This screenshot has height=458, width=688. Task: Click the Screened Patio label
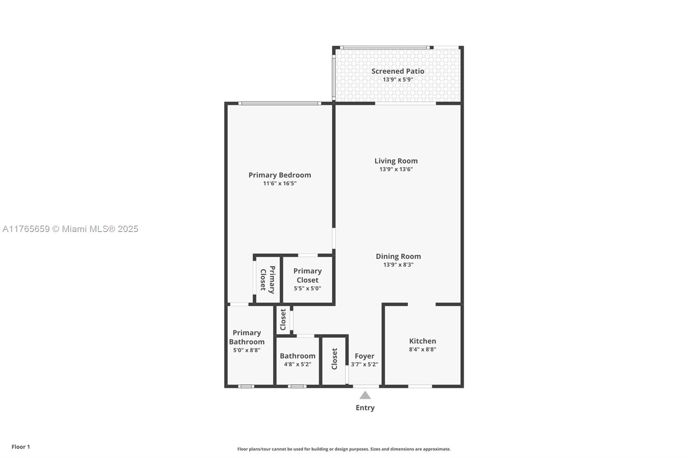click(398, 71)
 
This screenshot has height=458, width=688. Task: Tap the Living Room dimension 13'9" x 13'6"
click(396, 169)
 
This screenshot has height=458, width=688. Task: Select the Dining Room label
click(398, 256)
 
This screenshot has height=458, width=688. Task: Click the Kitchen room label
click(422, 341)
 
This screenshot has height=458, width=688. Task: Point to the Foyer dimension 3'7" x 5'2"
click(364, 364)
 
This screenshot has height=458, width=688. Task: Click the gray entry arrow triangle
click(365, 395)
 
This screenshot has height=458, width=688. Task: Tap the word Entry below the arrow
click(365, 408)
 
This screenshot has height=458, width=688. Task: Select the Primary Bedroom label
click(279, 175)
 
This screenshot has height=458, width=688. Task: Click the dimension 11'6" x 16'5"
click(279, 183)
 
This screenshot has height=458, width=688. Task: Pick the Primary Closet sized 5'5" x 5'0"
click(307, 279)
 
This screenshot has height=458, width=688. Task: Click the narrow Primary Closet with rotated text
click(267, 280)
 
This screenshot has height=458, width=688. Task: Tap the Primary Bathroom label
click(246, 337)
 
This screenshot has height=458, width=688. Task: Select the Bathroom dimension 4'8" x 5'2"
click(298, 364)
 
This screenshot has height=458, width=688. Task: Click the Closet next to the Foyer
click(334, 359)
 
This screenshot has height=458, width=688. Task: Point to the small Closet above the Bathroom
click(283, 320)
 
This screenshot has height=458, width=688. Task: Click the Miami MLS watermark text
click(71, 229)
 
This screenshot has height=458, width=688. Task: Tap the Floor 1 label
click(21, 447)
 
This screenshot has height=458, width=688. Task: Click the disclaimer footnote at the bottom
click(344, 449)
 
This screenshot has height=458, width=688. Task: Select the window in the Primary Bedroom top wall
click(279, 103)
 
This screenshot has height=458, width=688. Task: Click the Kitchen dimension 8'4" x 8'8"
click(422, 349)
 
